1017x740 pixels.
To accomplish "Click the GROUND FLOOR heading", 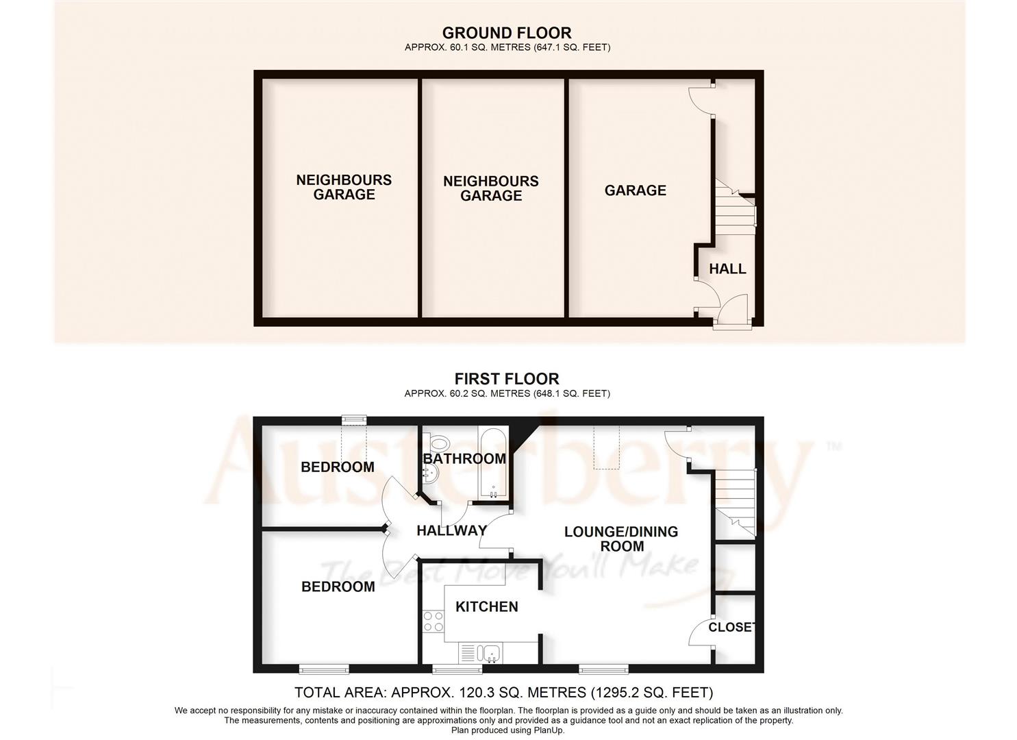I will (506, 33).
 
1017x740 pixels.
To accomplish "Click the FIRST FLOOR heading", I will (506, 379).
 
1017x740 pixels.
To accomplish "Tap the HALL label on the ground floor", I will (727, 269).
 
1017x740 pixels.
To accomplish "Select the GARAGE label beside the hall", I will (635, 190).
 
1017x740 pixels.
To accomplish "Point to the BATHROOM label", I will (464, 458).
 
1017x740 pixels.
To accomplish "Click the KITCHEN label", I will (487, 607).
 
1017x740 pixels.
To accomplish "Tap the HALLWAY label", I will (451, 530).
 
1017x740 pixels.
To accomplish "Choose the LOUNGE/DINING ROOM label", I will (621, 539).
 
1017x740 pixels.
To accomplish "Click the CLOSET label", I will (731, 628).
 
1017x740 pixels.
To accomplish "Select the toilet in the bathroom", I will (438, 443).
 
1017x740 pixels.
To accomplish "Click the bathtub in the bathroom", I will (493, 465).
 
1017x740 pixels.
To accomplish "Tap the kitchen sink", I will (490, 652).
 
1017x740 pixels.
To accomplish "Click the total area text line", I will (503, 692).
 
